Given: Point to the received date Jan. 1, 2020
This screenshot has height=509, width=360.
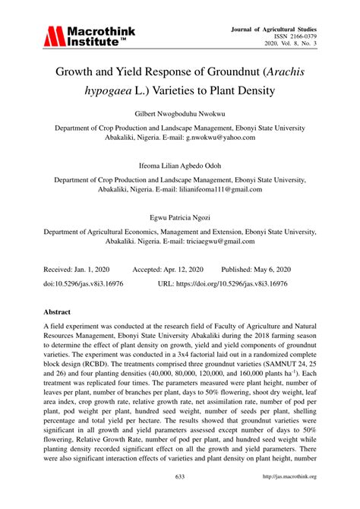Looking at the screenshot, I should [94, 268].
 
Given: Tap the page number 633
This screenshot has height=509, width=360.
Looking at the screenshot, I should [180, 498].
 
